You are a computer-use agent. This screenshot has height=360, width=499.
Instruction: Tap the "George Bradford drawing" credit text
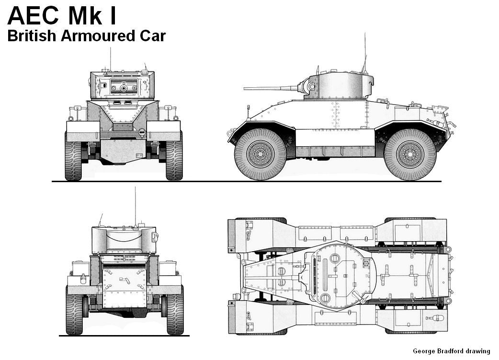(x=452, y=351)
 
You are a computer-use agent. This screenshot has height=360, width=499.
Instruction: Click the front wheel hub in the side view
(x=261, y=154)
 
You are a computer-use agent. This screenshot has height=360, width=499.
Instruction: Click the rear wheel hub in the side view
(x=410, y=154)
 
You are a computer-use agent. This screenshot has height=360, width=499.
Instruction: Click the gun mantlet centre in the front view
(x=124, y=88)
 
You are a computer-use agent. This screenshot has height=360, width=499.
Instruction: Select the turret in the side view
(x=340, y=87)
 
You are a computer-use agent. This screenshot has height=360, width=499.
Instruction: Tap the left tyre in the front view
(x=73, y=156)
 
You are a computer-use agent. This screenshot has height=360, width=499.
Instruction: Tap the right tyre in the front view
(x=174, y=156)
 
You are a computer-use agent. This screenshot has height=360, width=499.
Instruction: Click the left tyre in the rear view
(x=74, y=310)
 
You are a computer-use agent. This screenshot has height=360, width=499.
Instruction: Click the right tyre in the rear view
(x=175, y=310)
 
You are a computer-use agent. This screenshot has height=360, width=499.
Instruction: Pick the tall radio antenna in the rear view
(x=135, y=206)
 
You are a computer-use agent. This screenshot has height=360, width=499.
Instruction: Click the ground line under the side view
(x=335, y=181)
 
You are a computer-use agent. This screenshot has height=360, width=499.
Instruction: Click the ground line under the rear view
(x=125, y=336)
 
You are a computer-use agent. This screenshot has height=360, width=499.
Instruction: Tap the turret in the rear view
(x=124, y=239)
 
